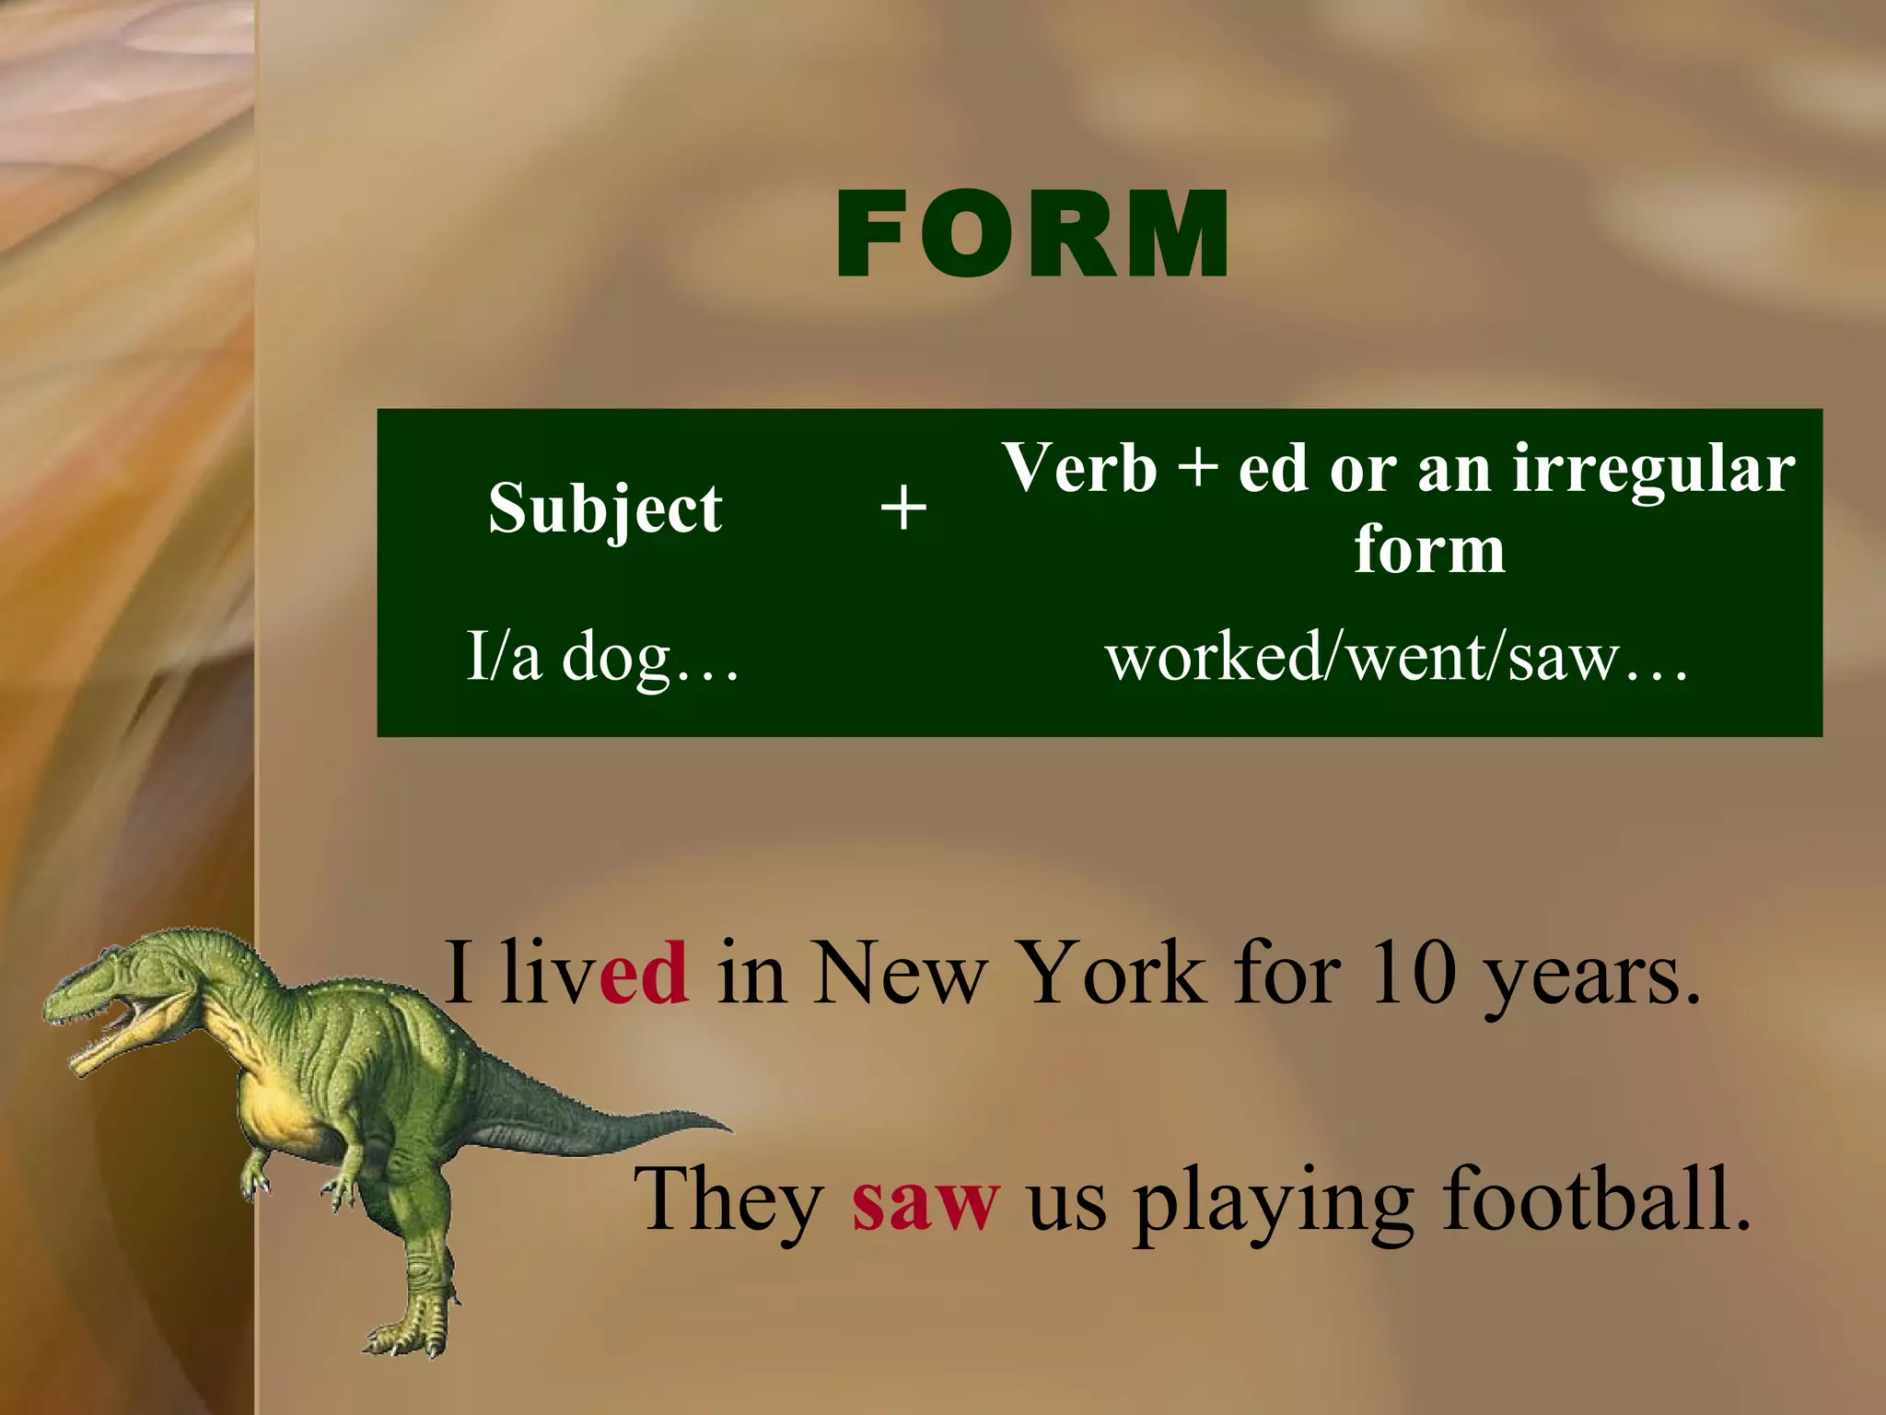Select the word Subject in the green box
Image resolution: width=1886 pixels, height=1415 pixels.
605,508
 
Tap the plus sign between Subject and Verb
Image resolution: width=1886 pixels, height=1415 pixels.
903,508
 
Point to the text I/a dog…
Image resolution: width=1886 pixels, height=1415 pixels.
602,656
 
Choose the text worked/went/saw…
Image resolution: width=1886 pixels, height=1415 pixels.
1397,658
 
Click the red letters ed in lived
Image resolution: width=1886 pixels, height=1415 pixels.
643,973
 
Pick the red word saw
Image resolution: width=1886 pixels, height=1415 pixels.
925,1199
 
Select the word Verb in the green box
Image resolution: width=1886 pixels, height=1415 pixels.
1079,468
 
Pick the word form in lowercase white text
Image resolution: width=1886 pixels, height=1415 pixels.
1429,549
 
